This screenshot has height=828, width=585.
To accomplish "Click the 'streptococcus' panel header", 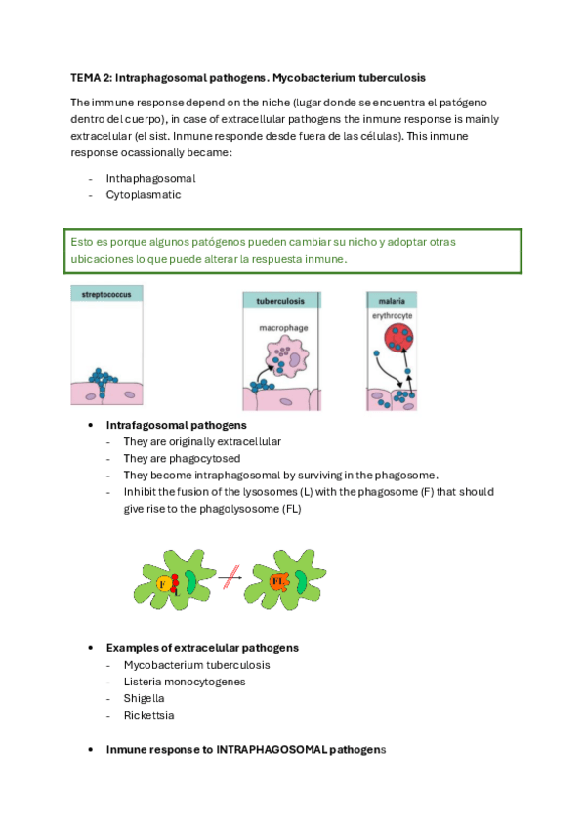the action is tap(106, 294).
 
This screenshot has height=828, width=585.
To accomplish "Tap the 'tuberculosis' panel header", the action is tap(281, 301).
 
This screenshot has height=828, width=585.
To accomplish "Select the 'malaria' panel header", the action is tap(392, 301).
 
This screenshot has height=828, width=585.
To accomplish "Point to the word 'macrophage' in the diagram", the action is tap(283, 328).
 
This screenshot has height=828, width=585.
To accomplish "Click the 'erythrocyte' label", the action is tap(393, 315).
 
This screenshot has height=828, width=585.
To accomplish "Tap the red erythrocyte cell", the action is tap(398, 338).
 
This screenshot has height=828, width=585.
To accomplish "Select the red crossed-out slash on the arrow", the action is tap(231, 577).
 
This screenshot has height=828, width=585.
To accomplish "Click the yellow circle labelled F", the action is tap(164, 584).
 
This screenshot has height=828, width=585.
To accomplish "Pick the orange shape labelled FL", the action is tap(278, 581).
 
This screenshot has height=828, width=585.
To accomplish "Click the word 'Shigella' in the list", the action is tap(145, 698).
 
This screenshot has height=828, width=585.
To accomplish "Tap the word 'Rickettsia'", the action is tap(148, 715).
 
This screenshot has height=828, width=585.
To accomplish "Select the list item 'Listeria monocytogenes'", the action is tap(185, 682).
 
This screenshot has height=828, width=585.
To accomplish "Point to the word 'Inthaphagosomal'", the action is tap(151, 179).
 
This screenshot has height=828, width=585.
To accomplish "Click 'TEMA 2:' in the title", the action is tap(92, 78).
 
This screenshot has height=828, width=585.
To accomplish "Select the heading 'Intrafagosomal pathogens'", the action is tap(177, 425).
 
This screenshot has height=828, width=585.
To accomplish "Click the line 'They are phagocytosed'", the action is tap(183, 458).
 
